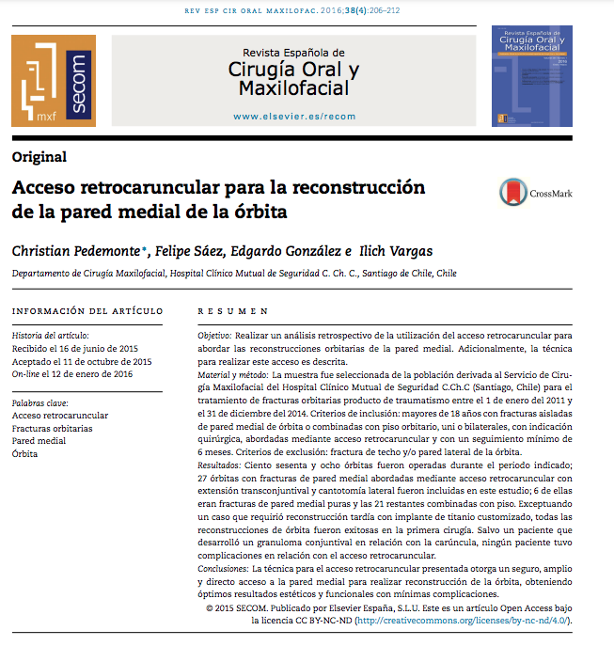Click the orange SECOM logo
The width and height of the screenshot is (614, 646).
54,81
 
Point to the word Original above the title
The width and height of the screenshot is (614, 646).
39,157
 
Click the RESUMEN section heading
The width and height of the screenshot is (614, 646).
233,311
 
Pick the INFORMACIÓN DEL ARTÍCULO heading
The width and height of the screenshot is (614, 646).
87,311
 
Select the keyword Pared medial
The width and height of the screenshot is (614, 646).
39,440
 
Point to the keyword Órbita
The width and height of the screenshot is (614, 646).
27,453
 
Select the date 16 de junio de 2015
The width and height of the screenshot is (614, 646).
106,348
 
